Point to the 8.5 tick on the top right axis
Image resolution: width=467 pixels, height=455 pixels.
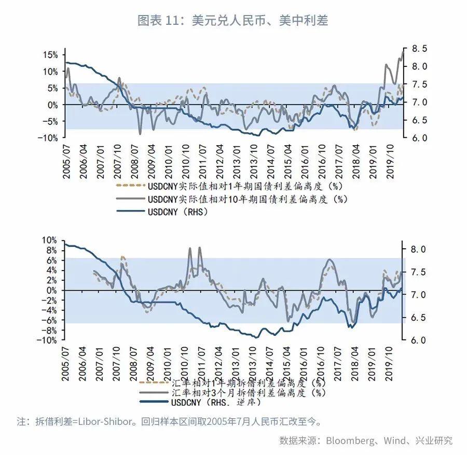click(x=420, y=49)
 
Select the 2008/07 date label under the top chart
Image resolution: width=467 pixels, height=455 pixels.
click(x=135, y=162)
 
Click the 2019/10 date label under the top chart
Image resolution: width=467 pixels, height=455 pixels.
click(x=390, y=162)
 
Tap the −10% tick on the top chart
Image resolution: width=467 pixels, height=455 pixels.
click(x=48, y=138)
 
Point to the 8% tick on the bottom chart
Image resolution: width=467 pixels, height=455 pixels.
click(x=51, y=250)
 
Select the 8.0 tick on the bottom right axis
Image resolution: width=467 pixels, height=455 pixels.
click(x=418, y=249)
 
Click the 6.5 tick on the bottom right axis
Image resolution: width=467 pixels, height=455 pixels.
click(x=418, y=318)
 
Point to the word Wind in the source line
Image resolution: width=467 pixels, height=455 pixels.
click(x=395, y=440)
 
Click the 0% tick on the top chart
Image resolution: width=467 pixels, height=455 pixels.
click(x=53, y=105)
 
